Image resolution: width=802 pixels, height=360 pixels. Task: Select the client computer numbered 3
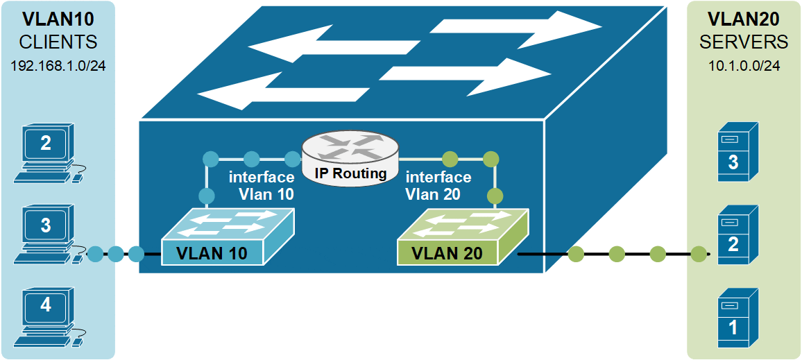point(46,230)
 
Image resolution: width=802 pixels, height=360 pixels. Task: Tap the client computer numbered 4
point(46,309)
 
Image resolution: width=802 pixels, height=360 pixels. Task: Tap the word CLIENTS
point(58,42)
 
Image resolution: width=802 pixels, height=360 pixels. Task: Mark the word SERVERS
point(744,42)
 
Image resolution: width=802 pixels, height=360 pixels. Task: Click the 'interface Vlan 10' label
point(261,186)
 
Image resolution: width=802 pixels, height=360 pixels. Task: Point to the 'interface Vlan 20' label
point(438,186)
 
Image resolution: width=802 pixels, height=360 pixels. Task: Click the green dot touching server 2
point(699,255)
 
